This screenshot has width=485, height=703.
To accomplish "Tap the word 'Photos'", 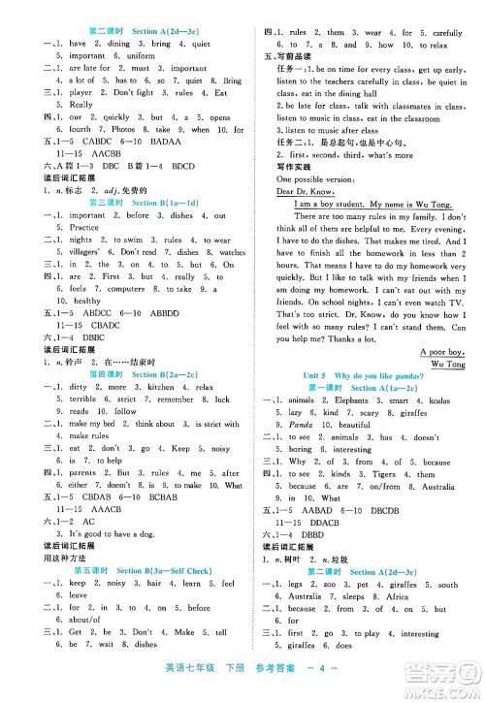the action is pos(122,129).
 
